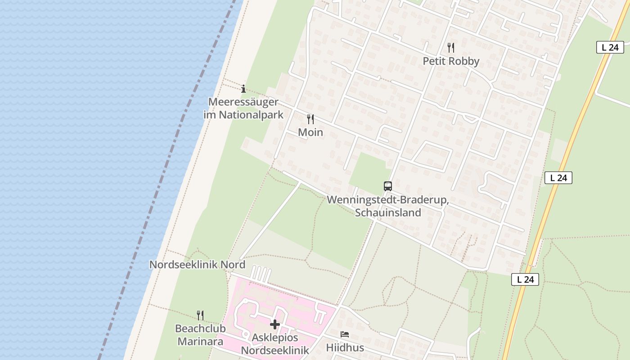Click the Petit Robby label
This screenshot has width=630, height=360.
pyautogui.click(x=451, y=61)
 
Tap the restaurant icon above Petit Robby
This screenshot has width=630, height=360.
pyautogui.click(x=451, y=47)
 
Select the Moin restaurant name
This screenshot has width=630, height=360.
pyautogui.click(x=310, y=132)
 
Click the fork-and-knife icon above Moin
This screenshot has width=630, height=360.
pyautogui.click(x=310, y=119)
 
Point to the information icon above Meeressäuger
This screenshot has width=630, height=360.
pyautogui.click(x=243, y=89)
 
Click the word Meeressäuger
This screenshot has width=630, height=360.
pyautogui.click(x=243, y=102)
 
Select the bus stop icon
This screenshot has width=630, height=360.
pyautogui.click(x=387, y=186)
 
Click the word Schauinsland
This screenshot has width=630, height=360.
pyautogui.click(x=388, y=213)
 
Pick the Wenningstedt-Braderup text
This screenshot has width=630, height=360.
pyautogui.click(x=388, y=200)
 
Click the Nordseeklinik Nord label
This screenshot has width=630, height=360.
pyautogui.click(x=197, y=265)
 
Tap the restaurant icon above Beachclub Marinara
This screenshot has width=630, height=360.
pyautogui.click(x=200, y=315)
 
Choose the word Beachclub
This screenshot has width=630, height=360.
pyautogui.click(x=200, y=328)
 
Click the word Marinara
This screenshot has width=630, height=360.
pyautogui.click(x=200, y=342)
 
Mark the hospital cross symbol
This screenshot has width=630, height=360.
pyautogui.click(x=275, y=324)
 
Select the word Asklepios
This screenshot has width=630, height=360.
pyautogui.click(x=275, y=337)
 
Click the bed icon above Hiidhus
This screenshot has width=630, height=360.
pyautogui.click(x=345, y=334)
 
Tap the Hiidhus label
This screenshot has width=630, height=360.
pyautogui.click(x=345, y=348)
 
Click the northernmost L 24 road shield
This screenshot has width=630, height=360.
pyautogui.click(x=610, y=47)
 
